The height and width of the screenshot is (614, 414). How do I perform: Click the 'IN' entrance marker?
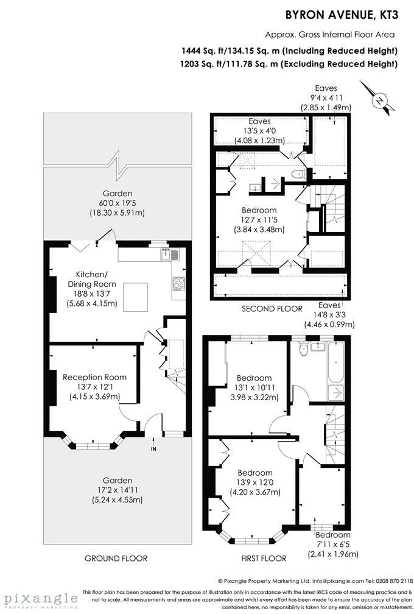pyautogui.click(x=153, y=449)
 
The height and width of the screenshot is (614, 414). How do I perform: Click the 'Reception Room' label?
pyautogui.click(x=94, y=377)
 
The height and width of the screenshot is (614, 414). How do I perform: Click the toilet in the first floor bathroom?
pyautogui.click(x=303, y=349)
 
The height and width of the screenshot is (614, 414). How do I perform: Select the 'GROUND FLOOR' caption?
pyautogui.click(x=116, y=558)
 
